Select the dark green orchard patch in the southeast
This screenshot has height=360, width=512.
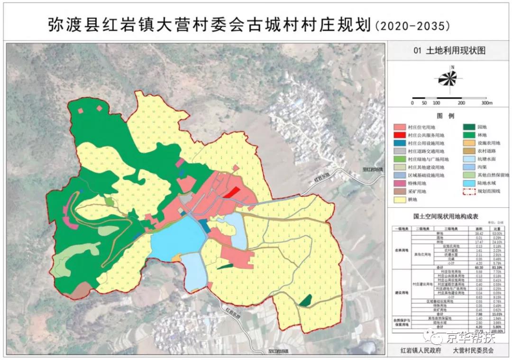click(x=306, y=300)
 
